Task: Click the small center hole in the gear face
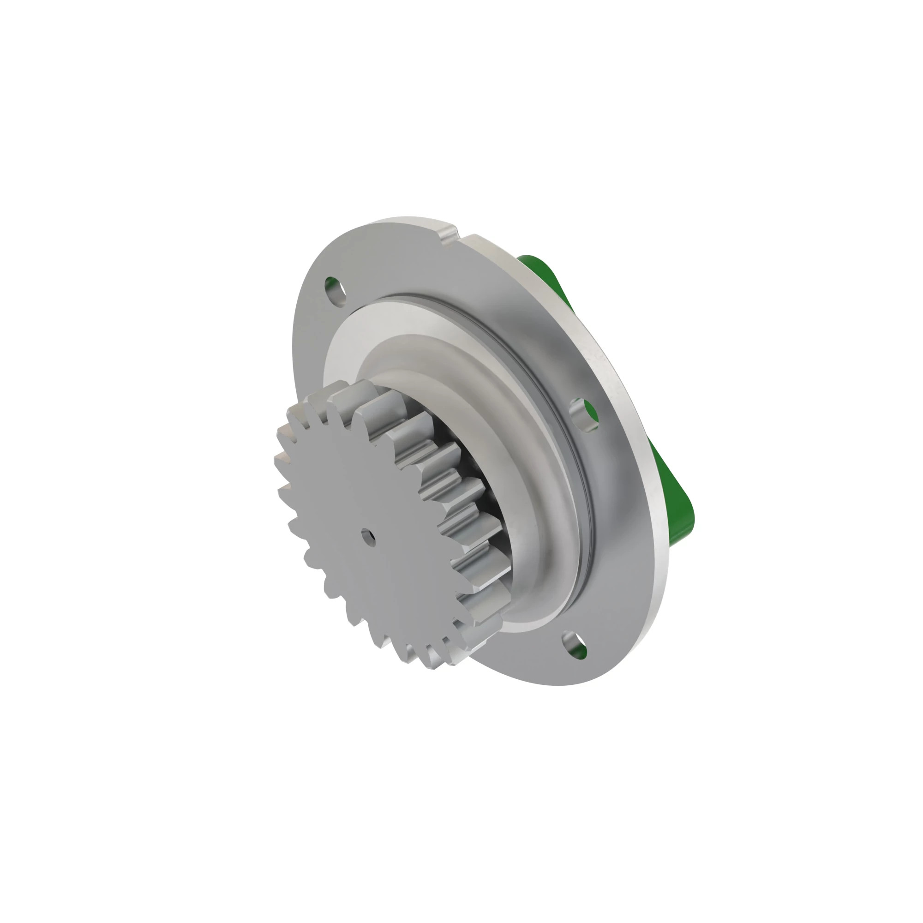367,535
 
